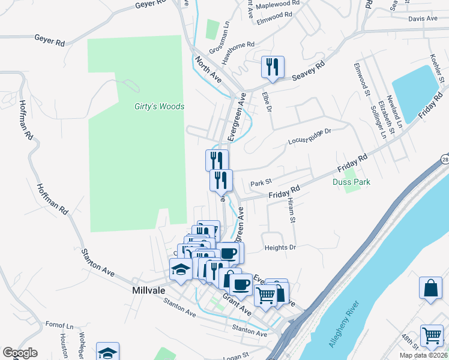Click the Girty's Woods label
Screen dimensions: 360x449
(159, 107)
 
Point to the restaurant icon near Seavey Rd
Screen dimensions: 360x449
(273, 67)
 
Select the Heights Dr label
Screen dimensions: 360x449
(280, 247)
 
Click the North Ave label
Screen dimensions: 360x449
(208, 70)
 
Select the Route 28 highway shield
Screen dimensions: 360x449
(443, 158)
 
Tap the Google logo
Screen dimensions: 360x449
(20, 353)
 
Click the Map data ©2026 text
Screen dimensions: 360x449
(423, 355)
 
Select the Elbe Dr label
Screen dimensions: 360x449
(268, 102)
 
